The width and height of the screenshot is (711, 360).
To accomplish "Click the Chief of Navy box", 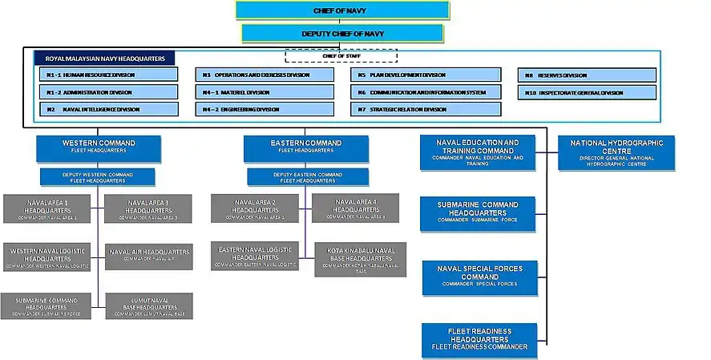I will (341, 10).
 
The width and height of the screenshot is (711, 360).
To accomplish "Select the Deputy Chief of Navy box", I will (341, 34).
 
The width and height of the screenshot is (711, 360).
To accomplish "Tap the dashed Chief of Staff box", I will (341, 55).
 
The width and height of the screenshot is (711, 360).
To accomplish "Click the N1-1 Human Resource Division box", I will (108, 75).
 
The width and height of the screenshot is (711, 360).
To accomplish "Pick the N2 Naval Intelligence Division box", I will (108, 109).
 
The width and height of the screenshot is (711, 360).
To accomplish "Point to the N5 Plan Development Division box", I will (426, 75).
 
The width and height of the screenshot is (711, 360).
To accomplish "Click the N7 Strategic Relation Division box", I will (426, 109).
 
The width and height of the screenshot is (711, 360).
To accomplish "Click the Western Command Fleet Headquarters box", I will (99, 147).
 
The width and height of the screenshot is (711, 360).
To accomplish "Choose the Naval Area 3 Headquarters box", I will (148, 208).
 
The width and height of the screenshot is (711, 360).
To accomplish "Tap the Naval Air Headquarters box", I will (149, 255).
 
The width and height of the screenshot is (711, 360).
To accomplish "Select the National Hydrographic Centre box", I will (616, 152).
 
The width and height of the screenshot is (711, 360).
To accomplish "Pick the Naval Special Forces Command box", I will (479, 276).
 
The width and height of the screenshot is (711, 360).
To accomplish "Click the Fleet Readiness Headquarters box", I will (479, 339).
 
